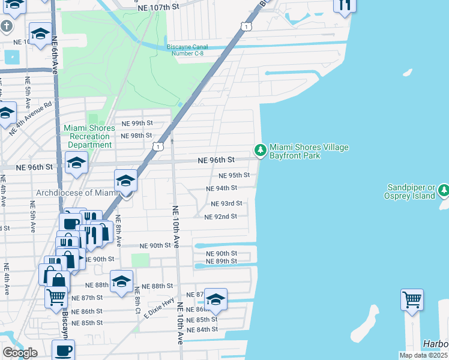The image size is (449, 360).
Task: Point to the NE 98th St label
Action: [136, 136]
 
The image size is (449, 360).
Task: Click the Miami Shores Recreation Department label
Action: [89, 136]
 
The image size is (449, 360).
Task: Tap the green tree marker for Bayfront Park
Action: [261, 149]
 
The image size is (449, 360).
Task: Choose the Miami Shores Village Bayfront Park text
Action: [309, 151]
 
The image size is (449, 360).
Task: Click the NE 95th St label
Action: [234, 176]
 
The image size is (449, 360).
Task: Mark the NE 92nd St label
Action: [221, 217]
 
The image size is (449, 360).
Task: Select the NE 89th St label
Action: [221, 261]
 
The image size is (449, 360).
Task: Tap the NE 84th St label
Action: [202, 329]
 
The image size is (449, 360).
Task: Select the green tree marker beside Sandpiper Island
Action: [444, 190]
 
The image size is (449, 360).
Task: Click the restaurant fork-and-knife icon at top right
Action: [345, 5]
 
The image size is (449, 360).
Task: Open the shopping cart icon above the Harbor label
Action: [412, 299]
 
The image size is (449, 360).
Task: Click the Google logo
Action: [20, 353]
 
